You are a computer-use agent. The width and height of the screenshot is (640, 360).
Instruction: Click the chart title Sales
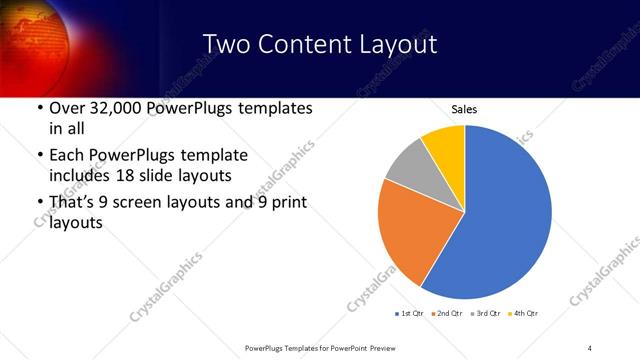pos(464,109)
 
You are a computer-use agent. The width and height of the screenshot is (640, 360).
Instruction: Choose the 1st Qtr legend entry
pos(410,314)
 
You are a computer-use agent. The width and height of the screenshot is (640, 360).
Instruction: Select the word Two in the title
pos(225,44)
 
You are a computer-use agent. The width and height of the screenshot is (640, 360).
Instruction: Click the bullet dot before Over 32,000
pos(39,108)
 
